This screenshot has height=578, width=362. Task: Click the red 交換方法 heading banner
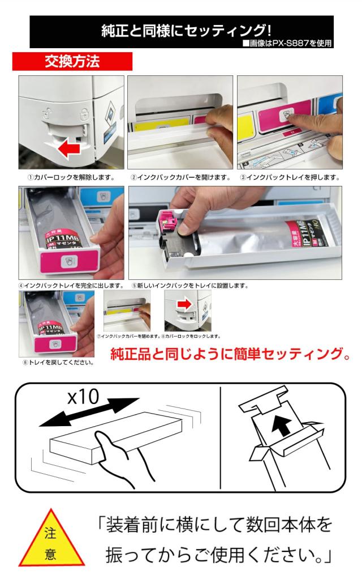(72, 61)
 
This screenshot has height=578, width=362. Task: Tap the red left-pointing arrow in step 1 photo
(69, 150)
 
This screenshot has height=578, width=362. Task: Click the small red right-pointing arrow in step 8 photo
(186, 304)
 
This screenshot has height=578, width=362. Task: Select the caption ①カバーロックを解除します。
(71, 178)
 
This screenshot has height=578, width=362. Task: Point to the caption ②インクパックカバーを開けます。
(180, 178)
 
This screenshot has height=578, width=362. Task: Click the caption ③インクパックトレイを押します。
(290, 178)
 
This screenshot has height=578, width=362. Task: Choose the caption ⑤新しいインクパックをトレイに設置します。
(190, 286)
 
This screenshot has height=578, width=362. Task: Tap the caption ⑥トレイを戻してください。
(58, 362)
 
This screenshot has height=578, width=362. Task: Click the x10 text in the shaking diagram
(84, 397)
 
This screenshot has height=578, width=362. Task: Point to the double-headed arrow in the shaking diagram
(89, 413)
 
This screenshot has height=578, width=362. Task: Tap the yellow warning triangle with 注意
(51, 541)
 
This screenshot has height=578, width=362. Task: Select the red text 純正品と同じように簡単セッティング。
(230, 354)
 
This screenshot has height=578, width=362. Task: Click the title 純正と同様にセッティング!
(186, 31)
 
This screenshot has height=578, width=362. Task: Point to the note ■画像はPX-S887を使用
(287, 44)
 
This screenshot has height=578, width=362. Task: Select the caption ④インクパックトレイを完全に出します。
(71, 286)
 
